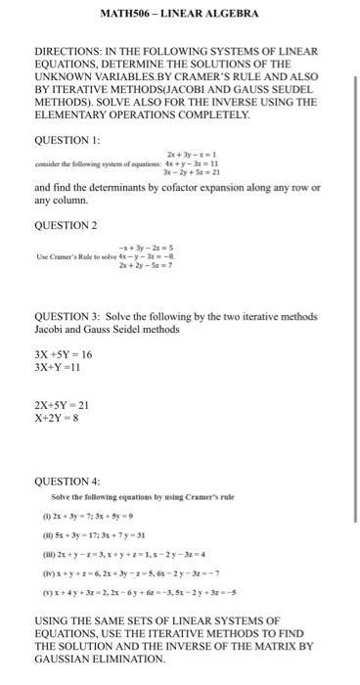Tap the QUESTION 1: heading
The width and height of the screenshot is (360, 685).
coord(67,138)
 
